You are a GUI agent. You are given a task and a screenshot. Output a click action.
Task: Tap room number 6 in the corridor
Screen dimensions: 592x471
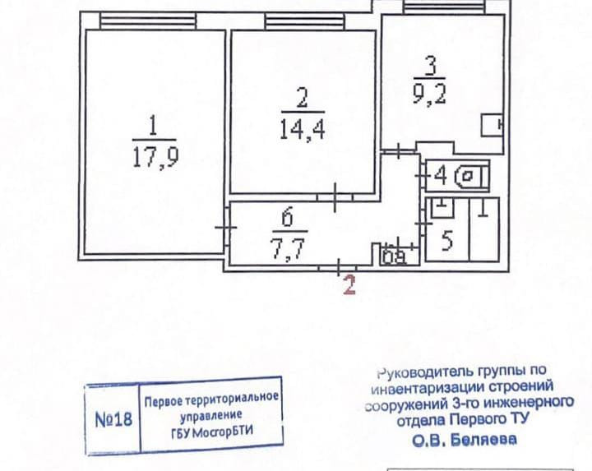pos(287,218)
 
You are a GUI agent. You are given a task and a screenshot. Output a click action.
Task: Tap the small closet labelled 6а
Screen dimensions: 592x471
pos(394,256)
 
